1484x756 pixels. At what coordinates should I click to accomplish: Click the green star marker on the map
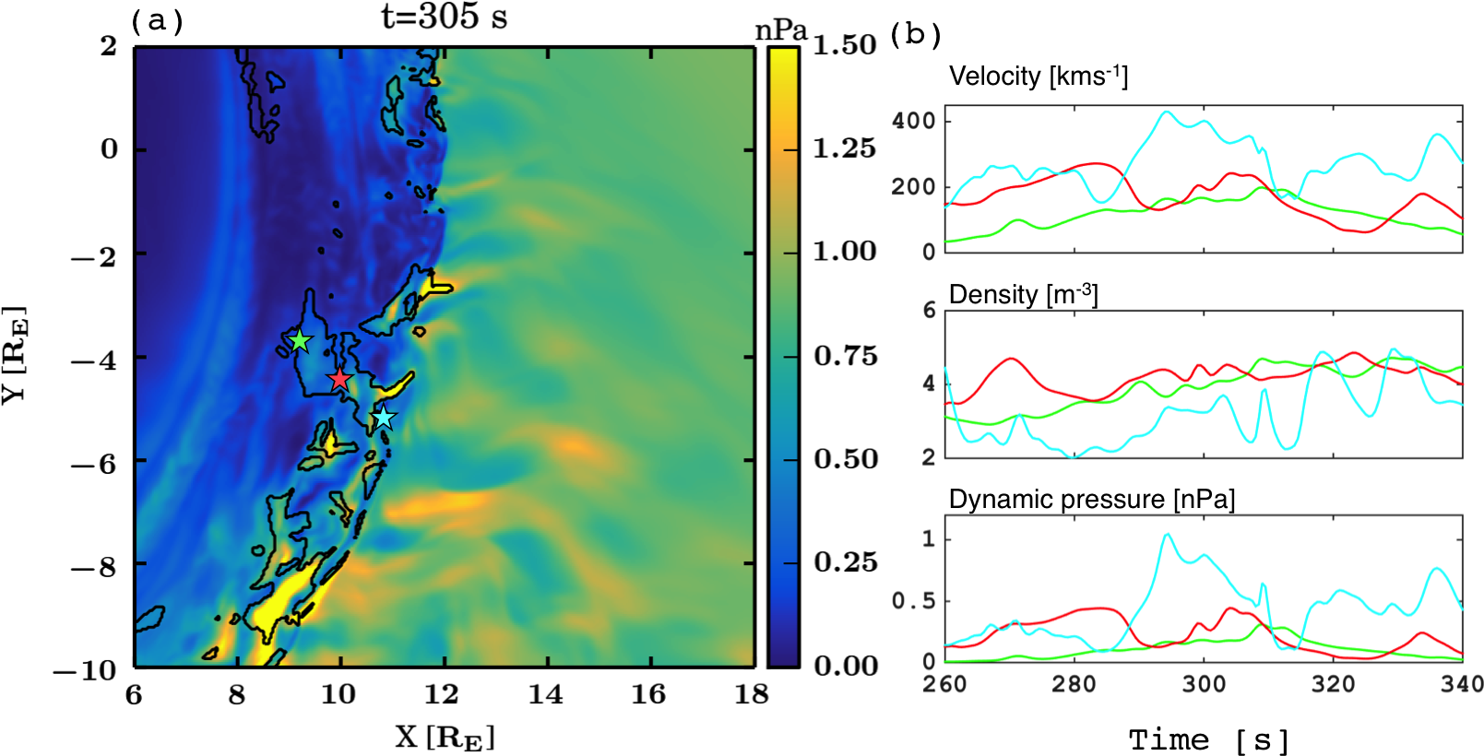(300, 341)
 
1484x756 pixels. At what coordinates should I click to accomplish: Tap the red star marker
(340, 379)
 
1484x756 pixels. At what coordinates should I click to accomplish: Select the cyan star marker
(383, 419)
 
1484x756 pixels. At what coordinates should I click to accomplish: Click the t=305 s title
(444, 18)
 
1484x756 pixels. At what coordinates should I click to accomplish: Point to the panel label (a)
(157, 20)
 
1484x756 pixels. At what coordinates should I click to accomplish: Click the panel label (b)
(915, 34)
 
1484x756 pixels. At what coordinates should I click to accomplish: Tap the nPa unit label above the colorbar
(780, 31)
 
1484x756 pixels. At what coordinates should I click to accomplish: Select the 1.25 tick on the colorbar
(844, 148)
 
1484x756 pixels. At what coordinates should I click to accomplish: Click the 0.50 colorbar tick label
(844, 459)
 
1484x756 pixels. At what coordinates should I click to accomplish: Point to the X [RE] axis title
(445, 738)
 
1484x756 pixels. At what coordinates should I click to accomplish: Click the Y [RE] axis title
(15, 355)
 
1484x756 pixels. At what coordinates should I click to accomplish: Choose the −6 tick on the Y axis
(94, 462)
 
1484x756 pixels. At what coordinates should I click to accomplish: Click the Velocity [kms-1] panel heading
(1038, 76)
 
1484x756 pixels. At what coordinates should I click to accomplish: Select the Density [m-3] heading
(1023, 294)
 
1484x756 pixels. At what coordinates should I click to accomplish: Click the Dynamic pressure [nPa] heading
(1091, 500)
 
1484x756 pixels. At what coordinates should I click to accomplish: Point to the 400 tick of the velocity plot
(913, 121)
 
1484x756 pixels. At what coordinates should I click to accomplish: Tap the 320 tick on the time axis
(1333, 684)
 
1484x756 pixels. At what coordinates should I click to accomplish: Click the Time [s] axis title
(1208, 739)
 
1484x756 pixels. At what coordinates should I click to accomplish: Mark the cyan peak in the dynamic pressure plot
(1168, 535)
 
